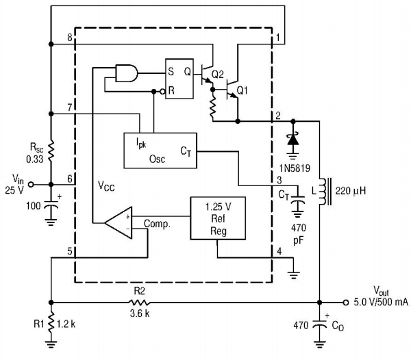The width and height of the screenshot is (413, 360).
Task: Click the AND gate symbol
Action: pyautogui.click(x=127, y=73)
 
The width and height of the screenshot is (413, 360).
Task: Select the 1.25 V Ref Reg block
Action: pyautogui.click(x=218, y=218)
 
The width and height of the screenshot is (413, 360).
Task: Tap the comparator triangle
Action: pyautogui.click(x=118, y=223)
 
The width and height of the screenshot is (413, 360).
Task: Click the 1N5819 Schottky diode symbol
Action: pyautogui.click(x=293, y=140)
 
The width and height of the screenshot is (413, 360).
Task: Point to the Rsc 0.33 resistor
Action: pyautogui.click(x=51, y=151)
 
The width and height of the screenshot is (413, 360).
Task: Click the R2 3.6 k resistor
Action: pyautogui.click(x=139, y=303)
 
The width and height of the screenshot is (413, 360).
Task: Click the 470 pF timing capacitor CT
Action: pyautogui.click(x=298, y=199)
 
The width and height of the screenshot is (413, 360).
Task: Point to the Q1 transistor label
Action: pyautogui.click(x=242, y=90)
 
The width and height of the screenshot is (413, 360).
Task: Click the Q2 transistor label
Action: pyautogui.click(x=218, y=75)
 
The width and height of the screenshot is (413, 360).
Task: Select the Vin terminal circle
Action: pyautogui.click(x=31, y=185)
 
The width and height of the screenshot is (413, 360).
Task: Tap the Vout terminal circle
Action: pyautogui.click(x=346, y=303)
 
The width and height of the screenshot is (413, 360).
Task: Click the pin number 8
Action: pyautogui.click(x=70, y=38)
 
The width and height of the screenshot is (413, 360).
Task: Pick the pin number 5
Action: pyautogui.click(x=70, y=251)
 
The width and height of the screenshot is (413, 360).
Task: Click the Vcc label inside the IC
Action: pyautogui.click(x=106, y=186)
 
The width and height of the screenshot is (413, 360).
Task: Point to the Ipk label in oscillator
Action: pyautogui.click(x=141, y=143)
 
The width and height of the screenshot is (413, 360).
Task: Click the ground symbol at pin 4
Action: pyautogui.click(x=294, y=274)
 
